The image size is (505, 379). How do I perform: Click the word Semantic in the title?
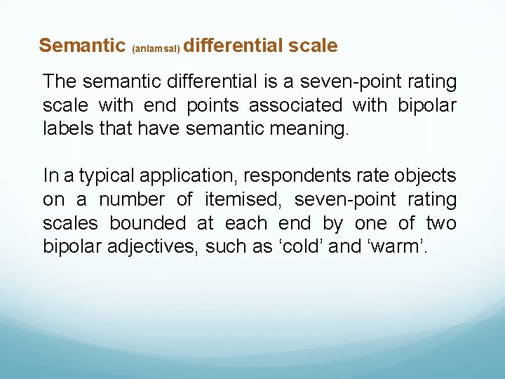(81, 46)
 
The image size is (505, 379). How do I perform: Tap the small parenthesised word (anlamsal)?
(156, 49)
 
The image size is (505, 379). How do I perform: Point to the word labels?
(65, 129)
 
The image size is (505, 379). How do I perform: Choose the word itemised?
(242, 199)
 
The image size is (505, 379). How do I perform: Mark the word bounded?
(148, 223)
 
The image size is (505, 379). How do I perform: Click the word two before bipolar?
(442, 223)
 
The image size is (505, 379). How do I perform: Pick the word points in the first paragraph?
(210, 106)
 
